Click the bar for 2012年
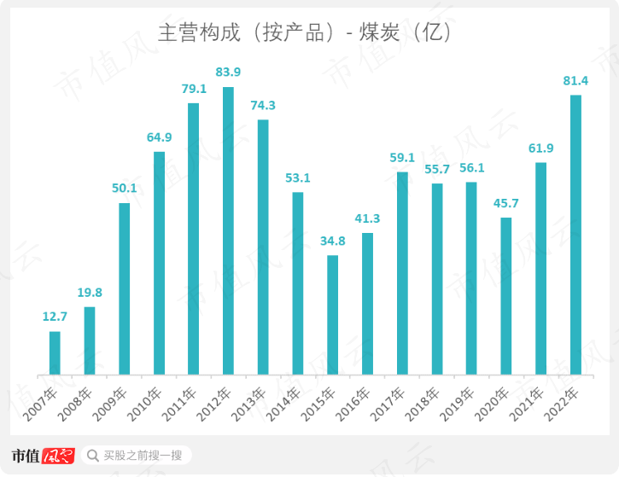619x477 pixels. [228, 230]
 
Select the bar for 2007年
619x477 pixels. [55, 352]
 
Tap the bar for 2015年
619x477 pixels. [332, 315]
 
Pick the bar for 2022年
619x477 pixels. [575, 235]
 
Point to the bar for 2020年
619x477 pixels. [506, 296]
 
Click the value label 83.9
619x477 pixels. [228, 71]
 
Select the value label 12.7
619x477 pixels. [55, 317]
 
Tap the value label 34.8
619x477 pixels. [332, 240]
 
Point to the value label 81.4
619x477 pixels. [575, 80]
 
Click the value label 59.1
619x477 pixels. [402, 157]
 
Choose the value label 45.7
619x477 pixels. [506, 203]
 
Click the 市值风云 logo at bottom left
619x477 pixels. [44, 456]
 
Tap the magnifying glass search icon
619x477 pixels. [92, 456]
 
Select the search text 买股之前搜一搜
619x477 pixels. [143, 456]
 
